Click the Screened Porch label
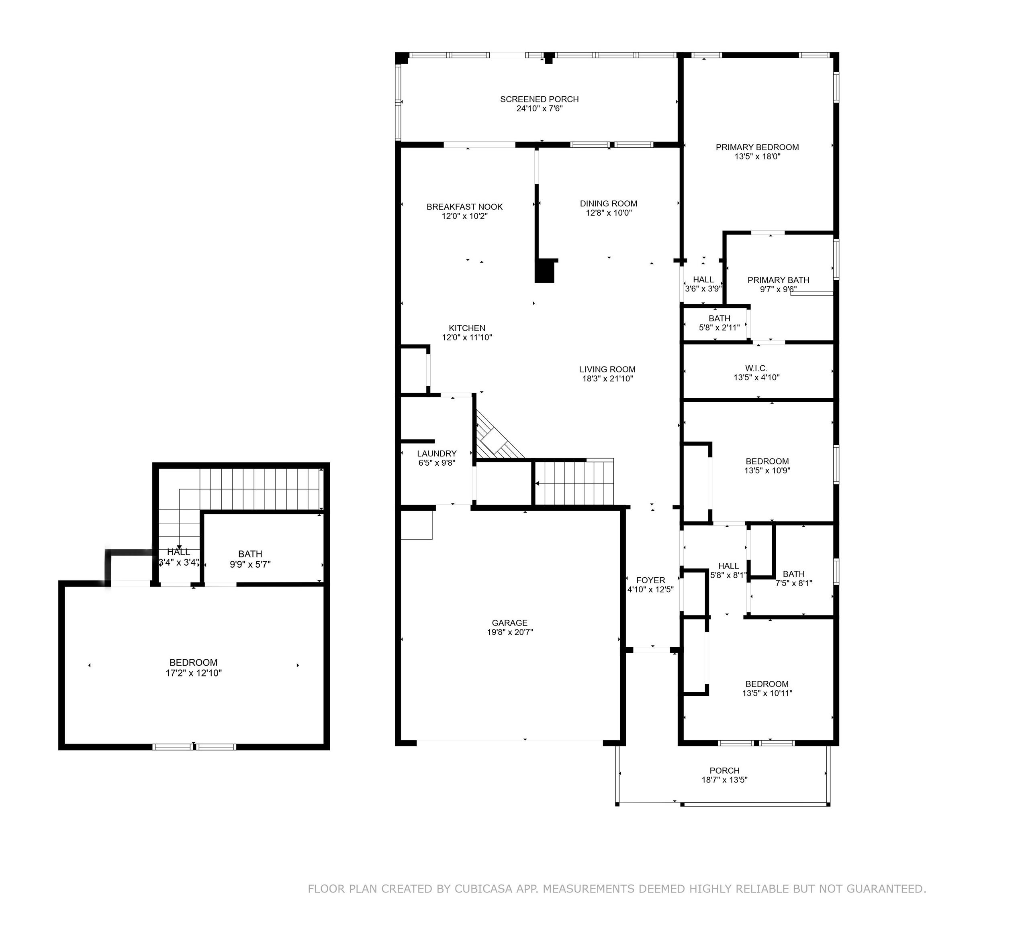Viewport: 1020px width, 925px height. (x=540, y=99)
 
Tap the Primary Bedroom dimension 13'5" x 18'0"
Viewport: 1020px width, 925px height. (x=757, y=157)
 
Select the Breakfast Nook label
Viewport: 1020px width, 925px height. (x=464, y=207)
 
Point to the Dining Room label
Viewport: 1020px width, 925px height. (x=609, y=204)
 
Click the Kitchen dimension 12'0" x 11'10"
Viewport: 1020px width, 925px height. (x=467, y=337)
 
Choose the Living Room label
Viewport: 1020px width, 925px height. (x=608, y=370)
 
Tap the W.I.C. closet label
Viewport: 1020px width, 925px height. (x=756, y=369)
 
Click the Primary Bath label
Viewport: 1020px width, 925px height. (x=778, y=280)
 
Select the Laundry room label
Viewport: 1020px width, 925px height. (x=437, y=454)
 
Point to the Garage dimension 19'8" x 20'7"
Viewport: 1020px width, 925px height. (x=509, y=632)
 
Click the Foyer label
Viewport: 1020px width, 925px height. (x=651, y=580)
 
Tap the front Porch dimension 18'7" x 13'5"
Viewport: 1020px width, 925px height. (x=724, y=780)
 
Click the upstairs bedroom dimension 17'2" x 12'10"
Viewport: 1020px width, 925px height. (x=193, y=673)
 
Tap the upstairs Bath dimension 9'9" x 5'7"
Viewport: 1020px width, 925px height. (x=250, y=564)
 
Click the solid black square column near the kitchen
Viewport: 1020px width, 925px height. (x=545, y=271)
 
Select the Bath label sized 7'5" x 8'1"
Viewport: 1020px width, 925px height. (x=793, y=574)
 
